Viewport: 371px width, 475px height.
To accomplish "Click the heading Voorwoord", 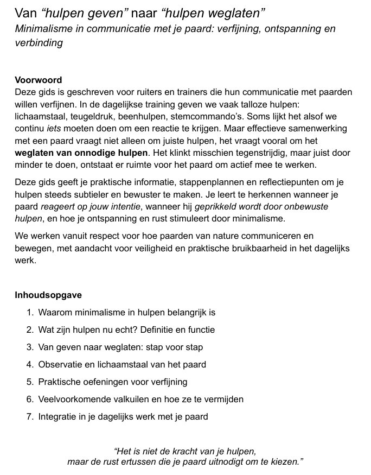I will pyautogui.click(x=38, y=80).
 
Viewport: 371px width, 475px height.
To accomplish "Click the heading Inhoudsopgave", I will pyautogui.click(x=48, y=295).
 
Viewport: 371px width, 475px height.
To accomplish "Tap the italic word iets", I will pyautogui.click(x=54, y=129).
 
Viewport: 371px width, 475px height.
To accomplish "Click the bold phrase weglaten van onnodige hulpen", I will pyautogui.click(x=81, y=153).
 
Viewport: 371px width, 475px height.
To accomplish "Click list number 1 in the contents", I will pyautogui.click(x=30, y=313).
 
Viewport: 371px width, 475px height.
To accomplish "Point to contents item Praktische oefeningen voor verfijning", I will pyautogui.click(x=113, y=382).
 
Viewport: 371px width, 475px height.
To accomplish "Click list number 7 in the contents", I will pyautogui.click(x=30, y=417).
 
